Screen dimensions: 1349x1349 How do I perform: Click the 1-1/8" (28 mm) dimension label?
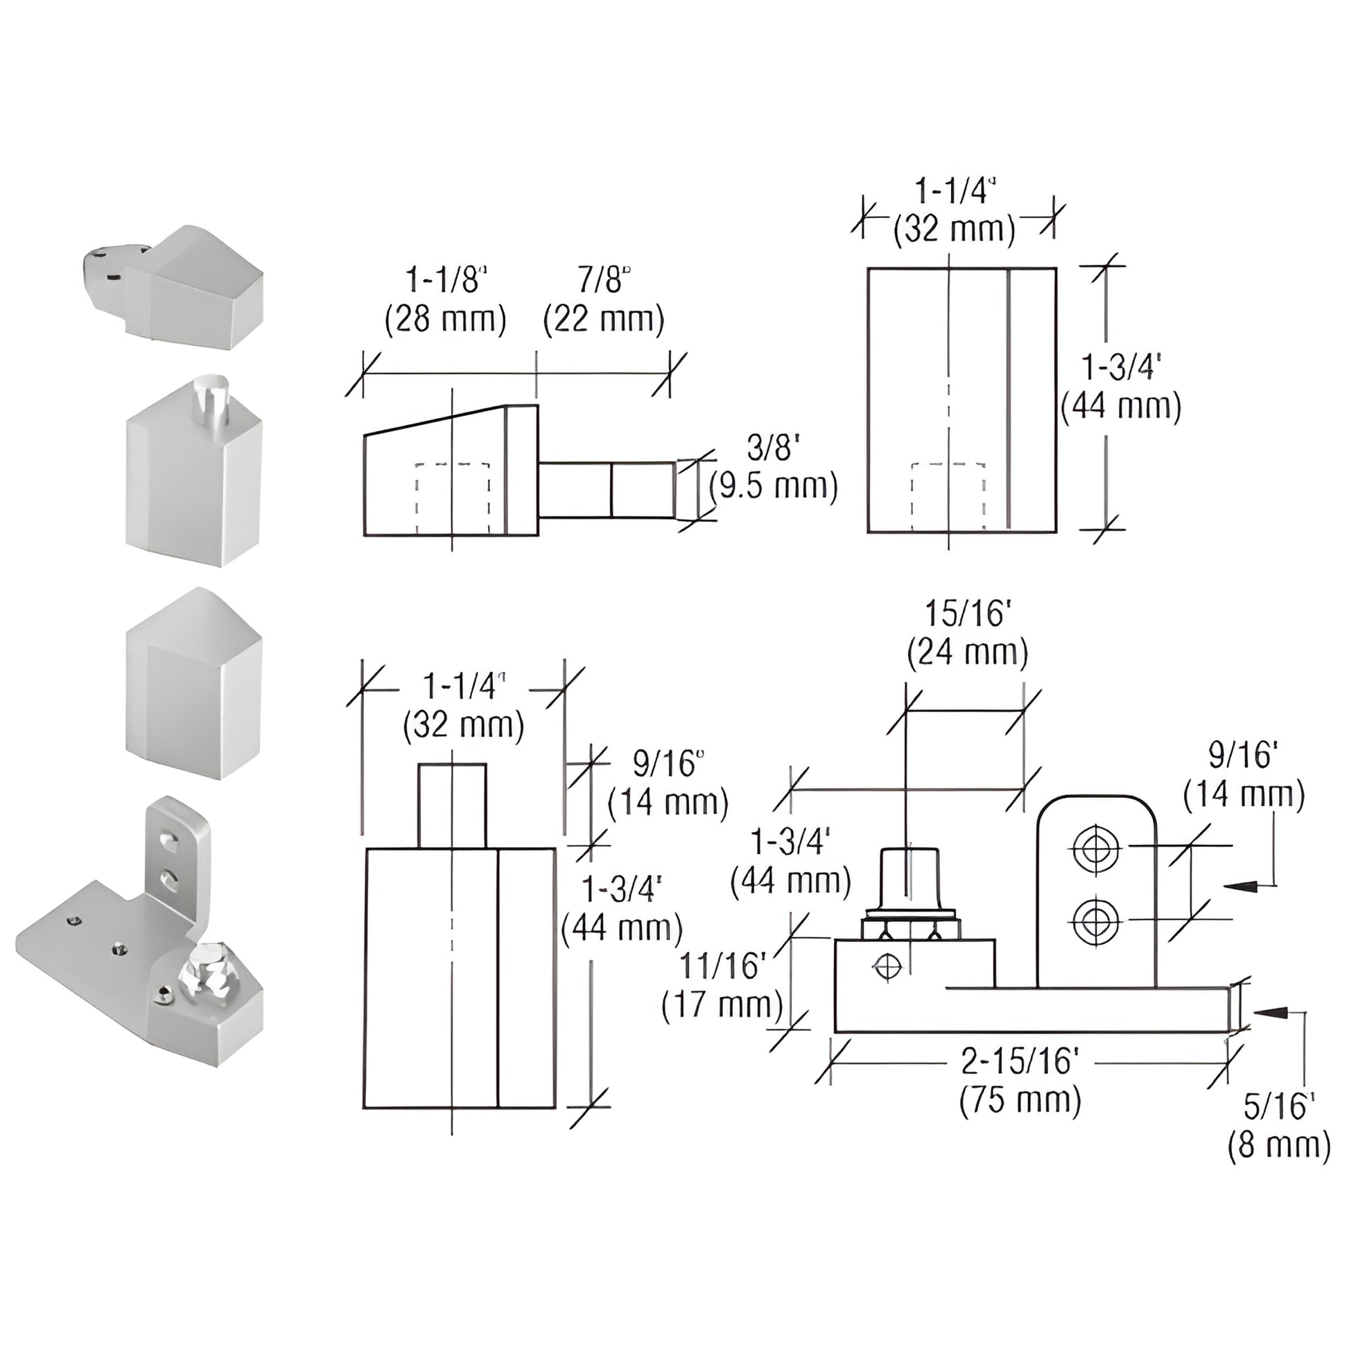[446, 300]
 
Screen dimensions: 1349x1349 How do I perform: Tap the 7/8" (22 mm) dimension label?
[603, 300]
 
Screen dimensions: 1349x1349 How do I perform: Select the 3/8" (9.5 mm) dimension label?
[773, 467]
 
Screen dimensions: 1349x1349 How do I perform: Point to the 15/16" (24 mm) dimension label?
[968, 633]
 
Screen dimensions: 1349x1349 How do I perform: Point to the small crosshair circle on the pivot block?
[887, 967]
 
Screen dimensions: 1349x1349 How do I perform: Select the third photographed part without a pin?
[194, 684]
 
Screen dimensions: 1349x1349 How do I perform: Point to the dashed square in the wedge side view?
[453, 498]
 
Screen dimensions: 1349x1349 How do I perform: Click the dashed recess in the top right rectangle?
[948, 496]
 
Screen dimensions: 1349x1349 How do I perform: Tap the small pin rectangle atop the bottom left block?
[452, 806]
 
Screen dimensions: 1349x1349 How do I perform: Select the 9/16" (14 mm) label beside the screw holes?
[1244, 775]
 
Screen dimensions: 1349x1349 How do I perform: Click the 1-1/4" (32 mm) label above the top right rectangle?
[955, 211]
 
